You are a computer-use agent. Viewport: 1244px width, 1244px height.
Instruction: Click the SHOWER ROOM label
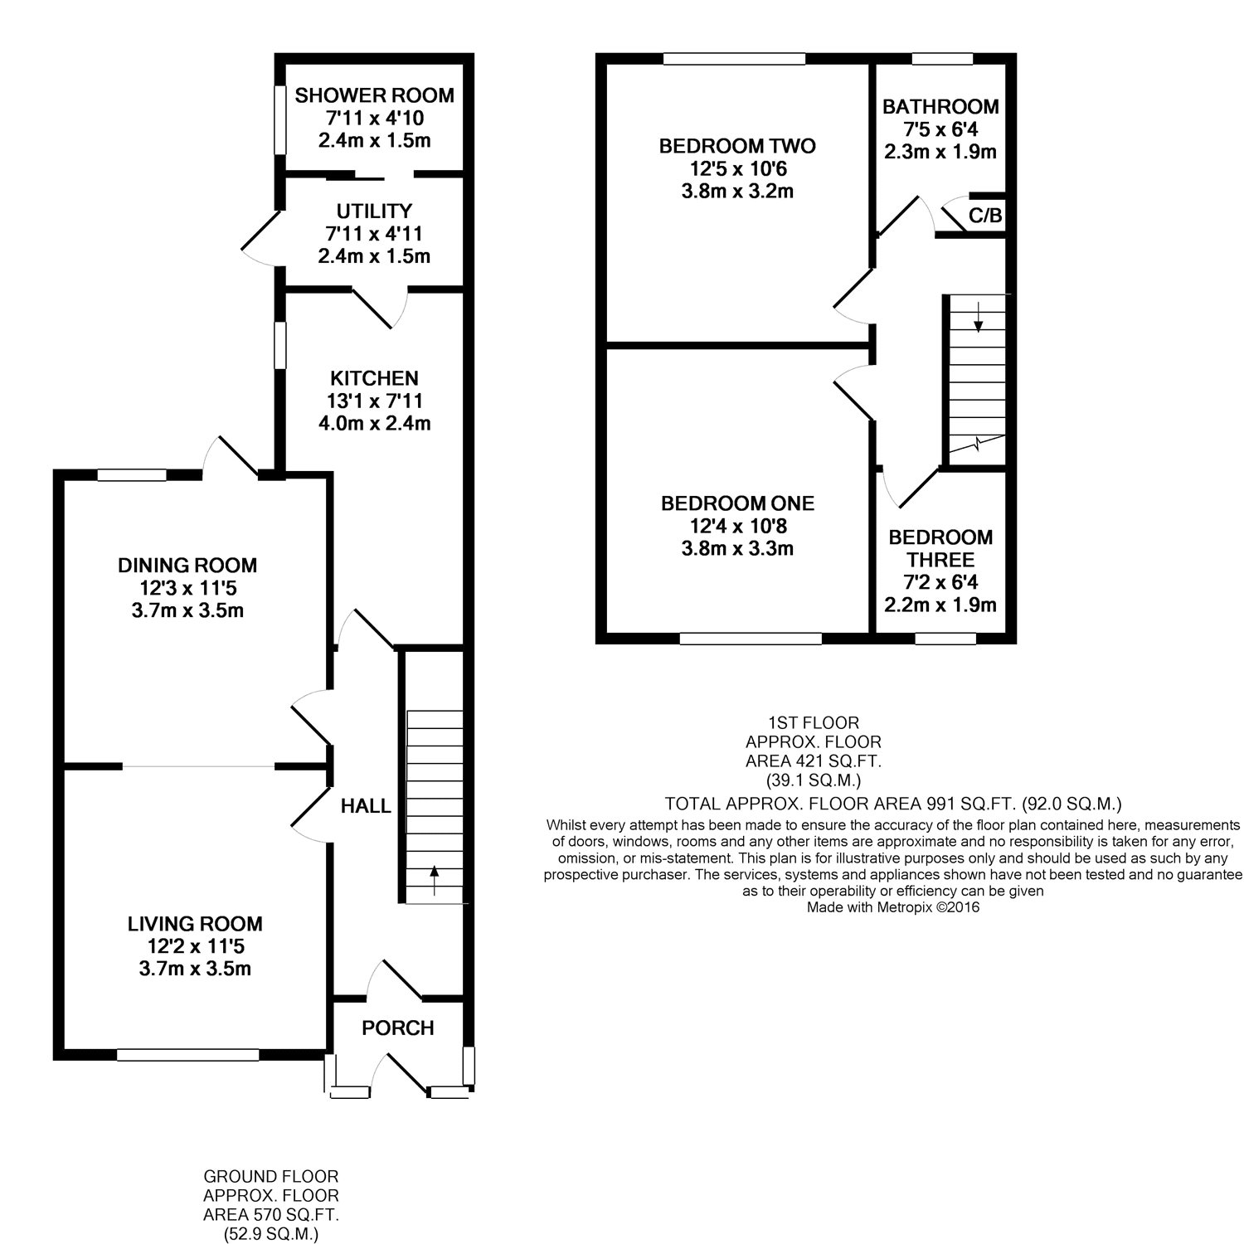pos(374,95)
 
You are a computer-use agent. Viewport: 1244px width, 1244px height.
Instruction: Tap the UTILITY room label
pos(374,211)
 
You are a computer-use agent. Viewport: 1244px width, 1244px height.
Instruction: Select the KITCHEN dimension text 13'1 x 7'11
pos(375,401)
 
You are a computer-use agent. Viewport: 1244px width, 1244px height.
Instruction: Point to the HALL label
pos(366,806)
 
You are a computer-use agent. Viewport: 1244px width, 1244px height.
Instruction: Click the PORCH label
pos(398,1028)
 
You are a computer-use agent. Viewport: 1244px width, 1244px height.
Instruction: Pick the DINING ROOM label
pos(187,566)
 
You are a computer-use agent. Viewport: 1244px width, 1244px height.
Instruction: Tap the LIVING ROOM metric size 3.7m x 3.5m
pos(195,969)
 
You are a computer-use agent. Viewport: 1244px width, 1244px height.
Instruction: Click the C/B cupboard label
pos(985,216)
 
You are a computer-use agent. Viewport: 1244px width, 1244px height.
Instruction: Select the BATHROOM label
pos(940,107)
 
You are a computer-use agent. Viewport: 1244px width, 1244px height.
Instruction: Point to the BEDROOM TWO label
pos(737,147)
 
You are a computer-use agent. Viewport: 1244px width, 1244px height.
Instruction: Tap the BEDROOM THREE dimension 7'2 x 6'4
pos(940,583)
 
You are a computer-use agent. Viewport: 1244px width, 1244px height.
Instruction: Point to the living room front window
pos(188,1055)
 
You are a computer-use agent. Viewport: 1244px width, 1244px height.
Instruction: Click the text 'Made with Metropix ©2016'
pos(893,908)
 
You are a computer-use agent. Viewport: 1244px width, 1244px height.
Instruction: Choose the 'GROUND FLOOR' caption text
pos(271,1177)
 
